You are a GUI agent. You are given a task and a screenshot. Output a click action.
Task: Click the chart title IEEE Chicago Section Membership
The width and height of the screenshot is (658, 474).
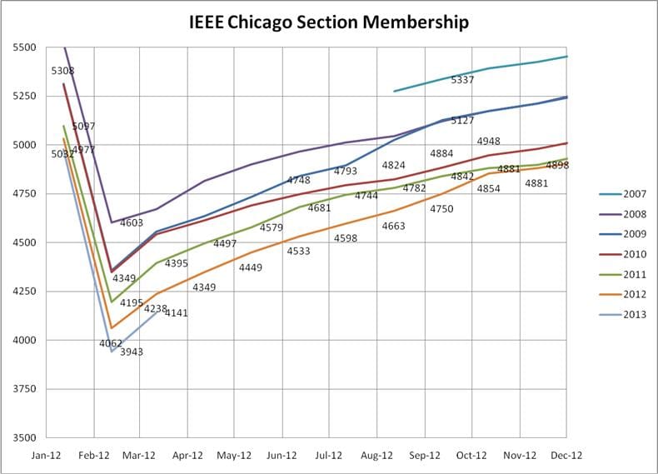point(329,21)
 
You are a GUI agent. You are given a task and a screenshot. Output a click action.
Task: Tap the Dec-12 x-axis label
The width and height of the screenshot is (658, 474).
point(565,456)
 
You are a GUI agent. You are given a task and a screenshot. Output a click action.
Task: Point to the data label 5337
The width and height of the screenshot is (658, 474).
point(462,80)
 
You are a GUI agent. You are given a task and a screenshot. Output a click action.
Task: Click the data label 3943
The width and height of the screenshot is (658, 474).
point(132,352)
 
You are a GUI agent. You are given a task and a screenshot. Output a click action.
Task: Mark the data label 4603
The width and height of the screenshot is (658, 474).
point(132,223)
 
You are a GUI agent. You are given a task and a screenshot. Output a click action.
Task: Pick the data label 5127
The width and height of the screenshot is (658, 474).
point(462,121)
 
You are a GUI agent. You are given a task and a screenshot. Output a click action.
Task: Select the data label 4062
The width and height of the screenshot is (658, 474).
point(111,343)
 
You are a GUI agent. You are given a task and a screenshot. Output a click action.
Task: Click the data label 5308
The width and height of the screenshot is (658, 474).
point(62,71)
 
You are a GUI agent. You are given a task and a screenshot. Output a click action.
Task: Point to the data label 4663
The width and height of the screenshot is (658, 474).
point(393,226)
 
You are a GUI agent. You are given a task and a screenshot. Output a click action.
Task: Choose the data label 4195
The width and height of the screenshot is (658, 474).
point(132,302)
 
